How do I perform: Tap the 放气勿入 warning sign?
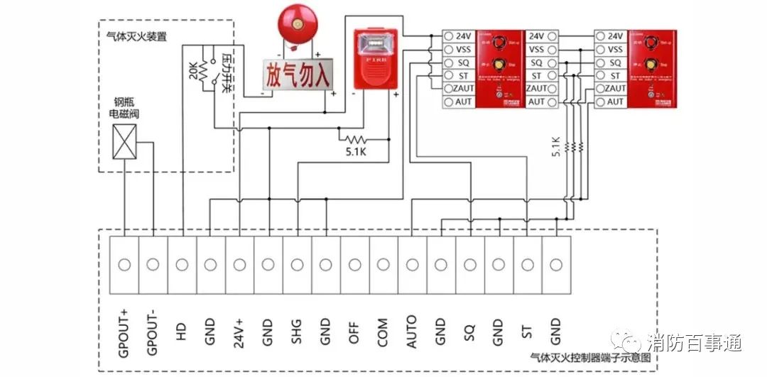[298, 72]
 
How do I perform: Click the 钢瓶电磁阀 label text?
[124, 108]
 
